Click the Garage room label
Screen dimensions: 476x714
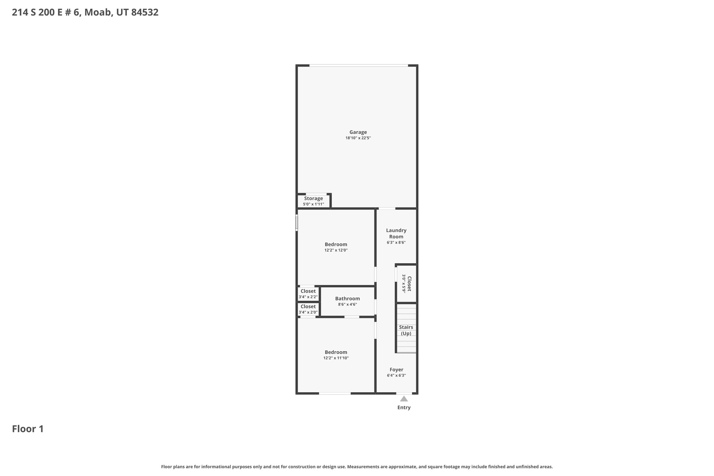tap(358, 132)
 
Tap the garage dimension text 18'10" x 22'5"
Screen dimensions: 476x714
tap(358, 138)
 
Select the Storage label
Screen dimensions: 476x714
tap(313, 198)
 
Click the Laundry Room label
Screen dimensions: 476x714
tap(396, 233)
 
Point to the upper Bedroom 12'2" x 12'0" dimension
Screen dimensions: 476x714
tap(336, 250)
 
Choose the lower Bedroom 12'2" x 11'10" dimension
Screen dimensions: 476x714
tap(336, 358)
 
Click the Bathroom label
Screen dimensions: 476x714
tap(347, 299)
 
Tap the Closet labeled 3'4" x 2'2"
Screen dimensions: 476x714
tap(308, 291)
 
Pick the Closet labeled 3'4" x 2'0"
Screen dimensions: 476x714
tap(308, 307)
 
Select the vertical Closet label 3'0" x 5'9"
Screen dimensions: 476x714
tap(409, 284)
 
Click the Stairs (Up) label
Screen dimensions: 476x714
tap(406, 330)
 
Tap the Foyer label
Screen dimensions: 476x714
tap(396, 370)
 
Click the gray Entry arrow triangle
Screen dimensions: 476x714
tap(404, 399)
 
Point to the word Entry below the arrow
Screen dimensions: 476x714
tap(404, 408)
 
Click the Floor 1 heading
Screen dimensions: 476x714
tap(28, 429)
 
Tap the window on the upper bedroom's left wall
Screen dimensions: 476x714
tap(297, 222)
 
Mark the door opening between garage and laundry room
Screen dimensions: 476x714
tap(387, 209)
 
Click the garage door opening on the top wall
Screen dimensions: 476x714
tap(358, 65)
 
